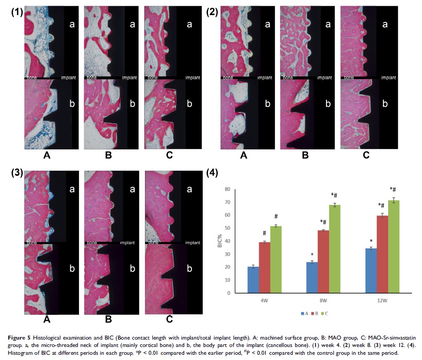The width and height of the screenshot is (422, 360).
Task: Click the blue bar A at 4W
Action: coord(253,280)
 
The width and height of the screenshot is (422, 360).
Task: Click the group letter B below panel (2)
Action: coord(305,155)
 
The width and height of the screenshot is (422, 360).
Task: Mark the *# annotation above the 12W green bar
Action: coord(393,189)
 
